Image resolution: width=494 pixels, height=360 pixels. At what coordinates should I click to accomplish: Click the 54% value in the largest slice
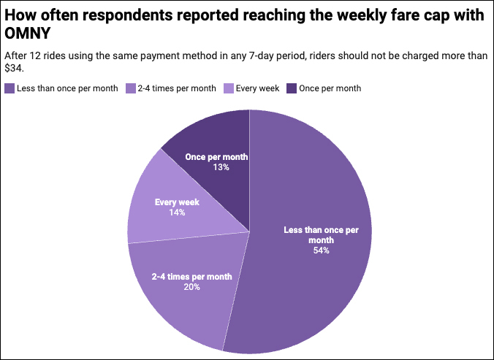click(322, 250)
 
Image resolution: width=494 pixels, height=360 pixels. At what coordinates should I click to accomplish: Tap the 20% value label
click(192, 287)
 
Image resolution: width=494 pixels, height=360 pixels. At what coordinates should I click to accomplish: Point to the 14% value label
click(177, 212)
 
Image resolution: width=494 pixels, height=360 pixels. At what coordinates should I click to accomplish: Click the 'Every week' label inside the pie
click(177, 202)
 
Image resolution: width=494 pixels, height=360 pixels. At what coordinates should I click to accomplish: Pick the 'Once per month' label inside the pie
click(216, 157)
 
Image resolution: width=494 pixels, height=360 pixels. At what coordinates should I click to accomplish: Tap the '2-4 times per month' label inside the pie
click(192, 277)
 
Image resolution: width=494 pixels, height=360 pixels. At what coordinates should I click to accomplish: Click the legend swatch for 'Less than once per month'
click(9, 88)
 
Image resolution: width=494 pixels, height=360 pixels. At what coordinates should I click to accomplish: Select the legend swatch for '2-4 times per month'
click(132, 88)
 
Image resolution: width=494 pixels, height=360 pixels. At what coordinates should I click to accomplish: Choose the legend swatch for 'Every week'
click(227, 88)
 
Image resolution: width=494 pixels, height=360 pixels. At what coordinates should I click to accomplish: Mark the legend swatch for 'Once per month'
click(291, 88)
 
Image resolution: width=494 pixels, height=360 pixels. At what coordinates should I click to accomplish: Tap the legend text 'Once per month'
click(330, 88)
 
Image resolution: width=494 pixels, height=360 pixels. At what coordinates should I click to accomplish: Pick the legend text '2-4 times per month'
click(177, 88)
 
